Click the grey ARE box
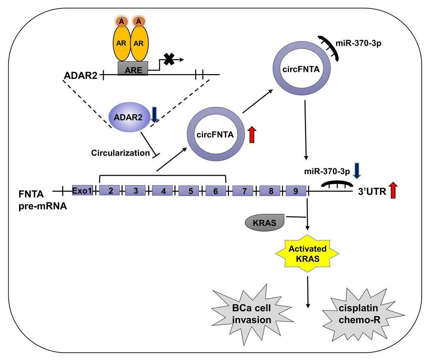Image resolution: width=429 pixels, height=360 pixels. [133, 69]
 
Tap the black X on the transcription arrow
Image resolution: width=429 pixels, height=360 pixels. [169, 59]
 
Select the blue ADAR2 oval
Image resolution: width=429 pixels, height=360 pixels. [128, 117]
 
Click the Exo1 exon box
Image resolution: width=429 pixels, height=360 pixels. [82, 190]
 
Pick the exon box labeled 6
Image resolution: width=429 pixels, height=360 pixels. [216, 190]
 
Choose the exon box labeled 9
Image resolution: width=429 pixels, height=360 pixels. [296, 191]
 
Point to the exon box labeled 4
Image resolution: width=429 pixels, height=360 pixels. [164, 190]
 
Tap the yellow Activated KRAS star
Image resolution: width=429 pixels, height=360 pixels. [308, 254]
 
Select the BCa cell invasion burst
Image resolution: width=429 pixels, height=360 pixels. [252, 314]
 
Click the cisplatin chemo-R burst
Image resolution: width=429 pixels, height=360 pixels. [358, 314]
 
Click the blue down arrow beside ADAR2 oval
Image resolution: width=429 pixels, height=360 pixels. [154, 114]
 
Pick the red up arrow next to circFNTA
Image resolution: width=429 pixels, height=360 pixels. [252, 135]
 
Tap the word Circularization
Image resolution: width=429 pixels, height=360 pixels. [120, 153]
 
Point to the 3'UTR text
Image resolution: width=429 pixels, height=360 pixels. [372, 191]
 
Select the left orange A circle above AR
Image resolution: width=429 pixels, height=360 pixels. [121, 21]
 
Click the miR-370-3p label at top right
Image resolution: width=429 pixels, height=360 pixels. [358, 44]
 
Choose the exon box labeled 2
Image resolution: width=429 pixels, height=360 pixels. [111, 190]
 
